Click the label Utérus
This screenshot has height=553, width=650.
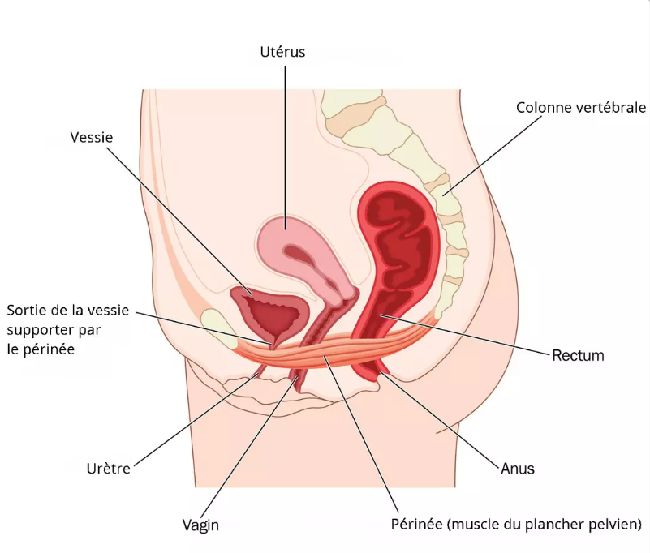(x=282, y=53)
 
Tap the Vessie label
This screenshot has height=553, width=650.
(x=91, y=138)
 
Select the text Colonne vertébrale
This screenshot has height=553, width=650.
(x=580, y=107)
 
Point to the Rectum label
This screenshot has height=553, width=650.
(x=577, y=355)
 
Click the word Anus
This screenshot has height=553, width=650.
(x=518, y=469)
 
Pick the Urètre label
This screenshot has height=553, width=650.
(x=109, y=469)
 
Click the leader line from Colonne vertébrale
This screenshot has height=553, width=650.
(x=495, y=154)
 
